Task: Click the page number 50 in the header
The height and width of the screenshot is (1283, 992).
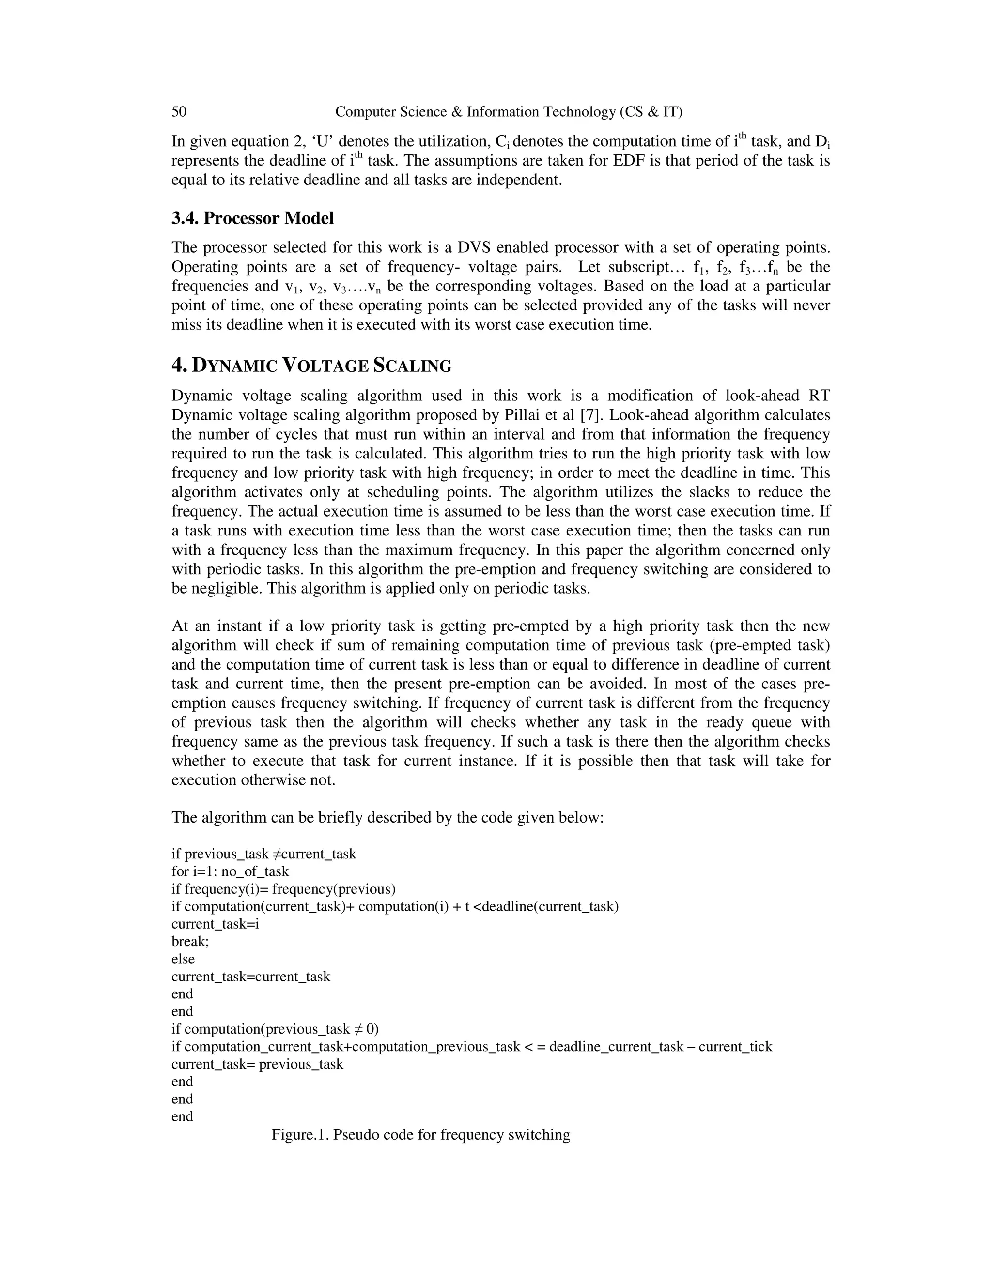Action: coord(179,112)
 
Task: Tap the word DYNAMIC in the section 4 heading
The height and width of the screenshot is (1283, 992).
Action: coord(234,366)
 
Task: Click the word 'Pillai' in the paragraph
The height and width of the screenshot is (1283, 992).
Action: coord(521,415)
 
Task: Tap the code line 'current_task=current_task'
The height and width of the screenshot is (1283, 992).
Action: coord(250,977)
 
